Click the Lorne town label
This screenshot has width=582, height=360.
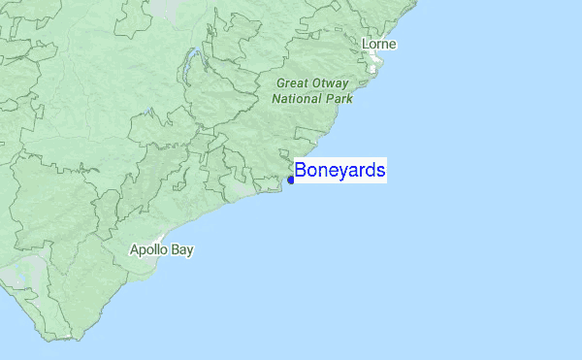379,45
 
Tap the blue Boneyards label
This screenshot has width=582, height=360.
340,171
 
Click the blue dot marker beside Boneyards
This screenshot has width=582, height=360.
291,180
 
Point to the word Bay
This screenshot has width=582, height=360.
182,250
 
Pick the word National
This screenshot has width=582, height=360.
296,98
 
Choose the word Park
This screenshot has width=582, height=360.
339,98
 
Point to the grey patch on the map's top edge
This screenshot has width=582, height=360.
169,6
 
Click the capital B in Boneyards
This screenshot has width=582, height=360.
302,171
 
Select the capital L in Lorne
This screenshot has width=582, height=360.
366,45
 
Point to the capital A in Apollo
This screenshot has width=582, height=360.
135,250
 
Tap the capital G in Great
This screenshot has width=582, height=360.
280,82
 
